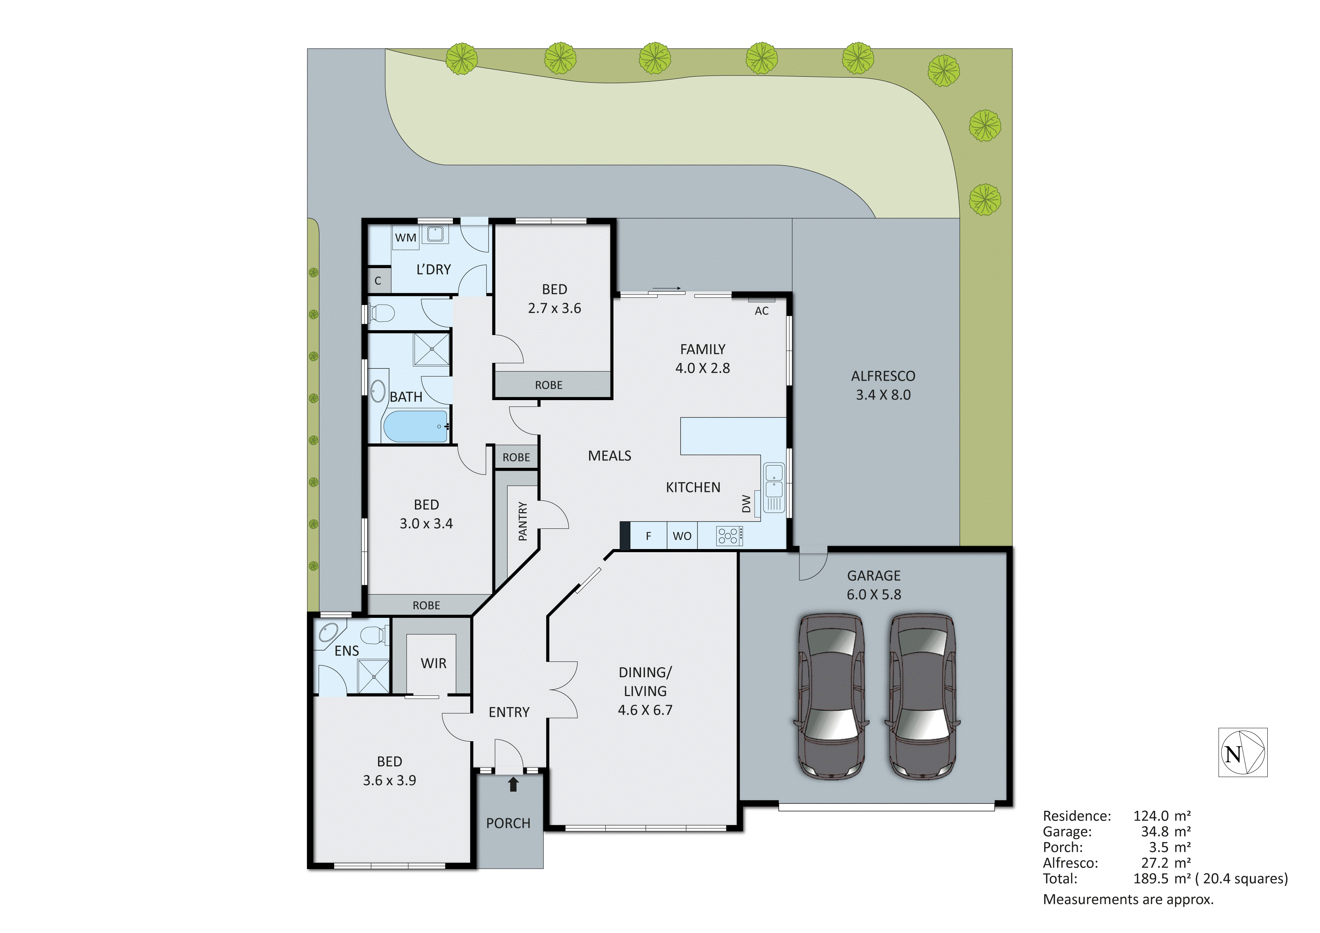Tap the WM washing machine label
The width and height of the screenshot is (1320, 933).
tap(405, 237)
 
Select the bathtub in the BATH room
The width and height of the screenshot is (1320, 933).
tap(415, 426)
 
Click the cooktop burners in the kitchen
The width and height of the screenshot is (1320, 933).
tap(728, 536)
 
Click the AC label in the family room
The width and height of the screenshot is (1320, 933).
tap(761, 311)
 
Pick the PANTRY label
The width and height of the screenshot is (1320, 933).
tap(523, 521)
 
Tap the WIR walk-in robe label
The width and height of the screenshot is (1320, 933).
tap(433, 663)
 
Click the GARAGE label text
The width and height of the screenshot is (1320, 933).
tap(873, 575)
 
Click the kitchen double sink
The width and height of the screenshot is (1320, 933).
tap(774, 481)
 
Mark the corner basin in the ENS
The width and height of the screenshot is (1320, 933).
tap(328, 633)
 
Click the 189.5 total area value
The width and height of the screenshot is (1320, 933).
tap(1150, 878)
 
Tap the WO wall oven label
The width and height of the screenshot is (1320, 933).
tap(682, 536)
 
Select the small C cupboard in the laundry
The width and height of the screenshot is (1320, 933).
tap(378, 281)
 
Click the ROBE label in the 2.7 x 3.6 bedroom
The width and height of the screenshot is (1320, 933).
tap(548, 385)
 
